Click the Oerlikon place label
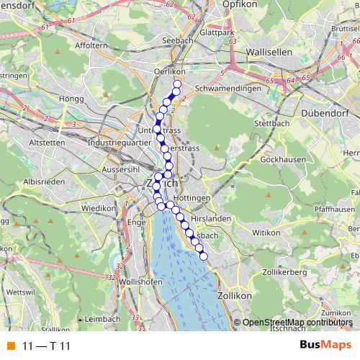tap(170, 71)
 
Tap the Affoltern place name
tap(89, 45)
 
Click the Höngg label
tap(73, 98)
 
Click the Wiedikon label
tap(98, 208)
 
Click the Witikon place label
tap(265, 233)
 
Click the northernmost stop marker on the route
tap(177, 84)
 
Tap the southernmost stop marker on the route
tap(203, 256)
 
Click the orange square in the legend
tap(11, 346)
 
